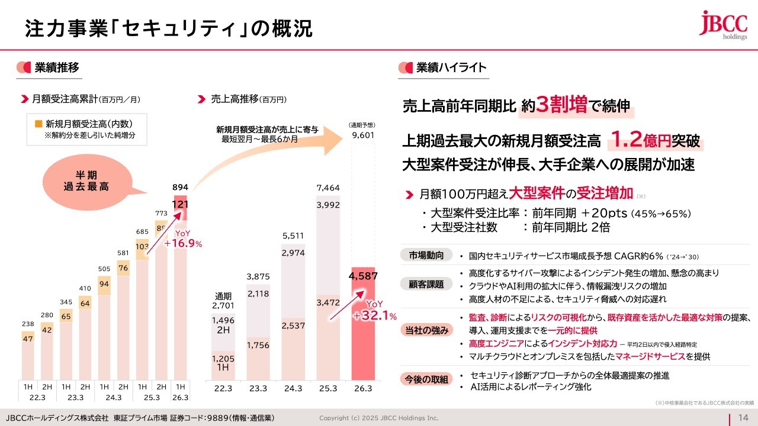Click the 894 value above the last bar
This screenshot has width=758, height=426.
pyautogui.click(x=180, y=188)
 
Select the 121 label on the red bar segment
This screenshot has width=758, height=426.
pyautogui.click(x=180, y=204)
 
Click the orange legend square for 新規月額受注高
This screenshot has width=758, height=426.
pyautogui.click(x=38, y=124)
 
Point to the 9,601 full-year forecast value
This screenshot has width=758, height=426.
pyautogui.click(x=363, y=135)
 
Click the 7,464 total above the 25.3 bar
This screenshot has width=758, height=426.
pyautogui.click(x=327, y=188)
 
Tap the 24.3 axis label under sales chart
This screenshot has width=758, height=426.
pyautogui.click(x=293, y=388)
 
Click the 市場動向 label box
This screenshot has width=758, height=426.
pyautogui.click(x=426, y=256)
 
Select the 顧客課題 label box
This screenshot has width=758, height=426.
pyautogui.click(x=426, y=284)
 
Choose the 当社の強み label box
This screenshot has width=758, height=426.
pyautogui.click(x=426, y=330)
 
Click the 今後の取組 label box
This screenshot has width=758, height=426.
pyautogui.click(x=426, y=379)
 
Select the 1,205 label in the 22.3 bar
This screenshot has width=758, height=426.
pyautogui.click(x=223, y=359)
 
